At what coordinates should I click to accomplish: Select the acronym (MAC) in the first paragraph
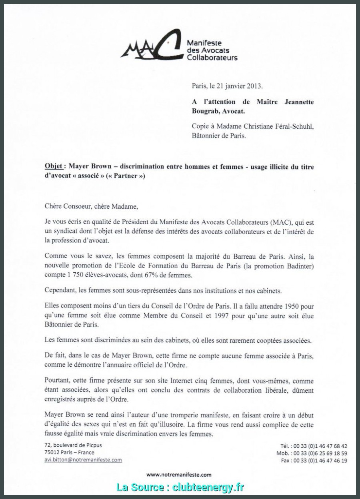click(281, 222)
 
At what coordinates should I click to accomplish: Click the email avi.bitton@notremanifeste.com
click(83, 460)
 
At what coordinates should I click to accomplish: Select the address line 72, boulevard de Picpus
click(73, 445)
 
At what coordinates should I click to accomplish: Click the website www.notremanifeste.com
click(179, 475)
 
